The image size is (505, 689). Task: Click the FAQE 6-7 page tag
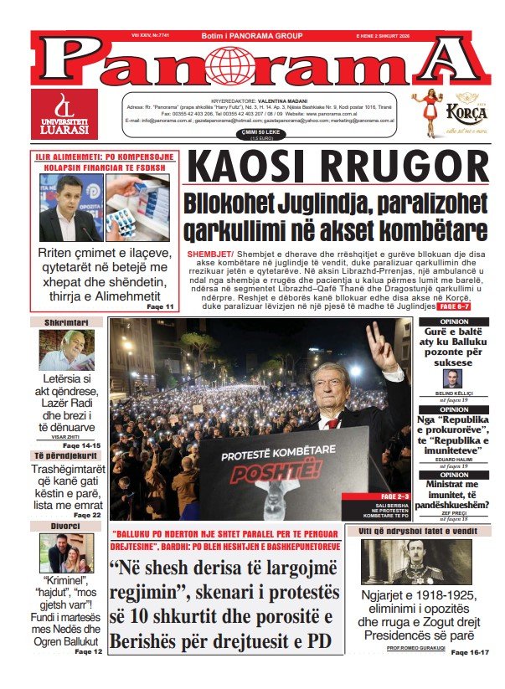(454, 307)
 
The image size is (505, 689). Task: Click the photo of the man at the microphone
(70, 208)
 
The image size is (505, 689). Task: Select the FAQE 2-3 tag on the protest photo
(392, 497)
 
